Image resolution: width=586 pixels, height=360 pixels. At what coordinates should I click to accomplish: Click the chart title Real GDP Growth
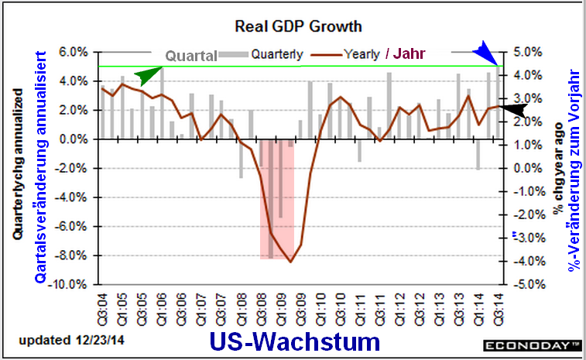pos(298,26)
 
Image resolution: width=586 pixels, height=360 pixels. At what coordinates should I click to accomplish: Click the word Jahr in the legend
pos(410,55)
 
